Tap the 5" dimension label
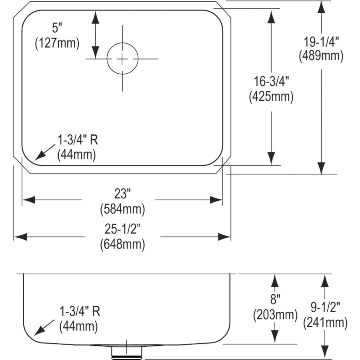tap(57, 28)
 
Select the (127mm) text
tap(57, 43)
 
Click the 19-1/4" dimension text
tap(321, 42)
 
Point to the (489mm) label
tap(321, 56)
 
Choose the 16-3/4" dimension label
tap(271, 82)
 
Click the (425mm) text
tap(271, 96)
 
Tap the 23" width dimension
tap(122, 194)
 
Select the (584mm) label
tap(122, 209)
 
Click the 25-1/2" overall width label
tap(122, 229)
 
